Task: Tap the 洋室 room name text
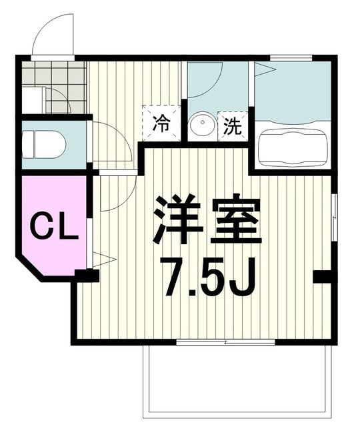click(x=207, y=219)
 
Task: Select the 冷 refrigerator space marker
click(x=161, y=123)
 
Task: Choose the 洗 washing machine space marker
click(x=233, y=126)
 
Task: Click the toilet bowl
click(x=44, y=144)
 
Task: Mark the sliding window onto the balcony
click(x=225, y=342)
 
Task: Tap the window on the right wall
click(x=335, y=217)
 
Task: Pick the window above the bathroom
click(x=291, y=58)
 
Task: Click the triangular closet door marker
click(x=105, y=260)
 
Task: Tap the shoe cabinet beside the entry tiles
click(x=33, y=100)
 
